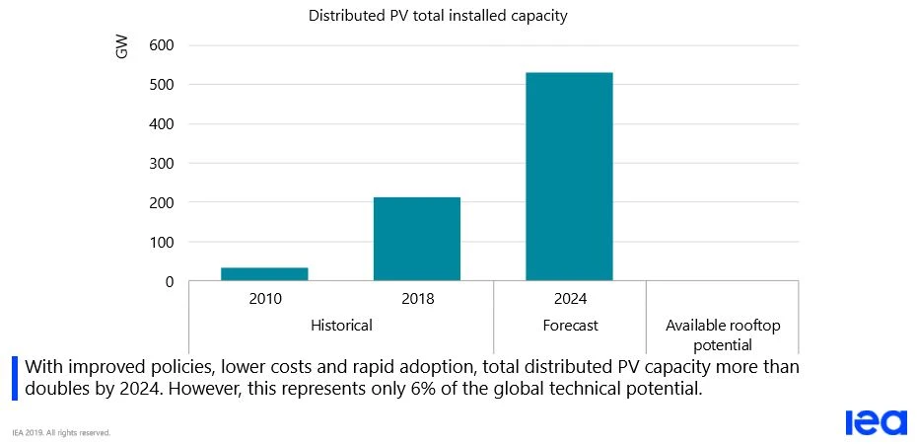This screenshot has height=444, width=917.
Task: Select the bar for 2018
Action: pos(416,240)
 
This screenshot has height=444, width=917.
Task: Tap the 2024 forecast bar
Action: pos(569,177)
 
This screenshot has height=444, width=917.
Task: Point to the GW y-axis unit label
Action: pos(122,48)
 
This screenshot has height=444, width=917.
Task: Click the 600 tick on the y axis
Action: pos(161,45)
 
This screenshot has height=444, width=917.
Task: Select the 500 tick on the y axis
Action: pos(161,85)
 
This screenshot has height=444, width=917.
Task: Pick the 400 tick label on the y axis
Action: pos(161,124)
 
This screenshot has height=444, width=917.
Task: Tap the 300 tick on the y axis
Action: pos(161,164)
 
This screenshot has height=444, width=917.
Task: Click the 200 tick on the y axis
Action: pos(161,203)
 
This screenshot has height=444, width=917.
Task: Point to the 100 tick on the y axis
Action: pos(161,243)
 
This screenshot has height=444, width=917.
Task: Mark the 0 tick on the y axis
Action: pos(169,282)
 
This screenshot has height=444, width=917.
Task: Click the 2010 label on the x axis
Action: pos(264,299)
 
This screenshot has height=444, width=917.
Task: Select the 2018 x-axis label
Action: pos(416,299)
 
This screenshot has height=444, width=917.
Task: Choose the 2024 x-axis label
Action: pos(569,299)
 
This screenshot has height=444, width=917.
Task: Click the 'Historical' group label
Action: pos(340,325)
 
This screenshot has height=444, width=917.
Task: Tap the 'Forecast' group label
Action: pos(569,325)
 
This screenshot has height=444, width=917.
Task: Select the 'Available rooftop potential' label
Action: pos(722,334)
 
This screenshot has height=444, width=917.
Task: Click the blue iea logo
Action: pos(875,421)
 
